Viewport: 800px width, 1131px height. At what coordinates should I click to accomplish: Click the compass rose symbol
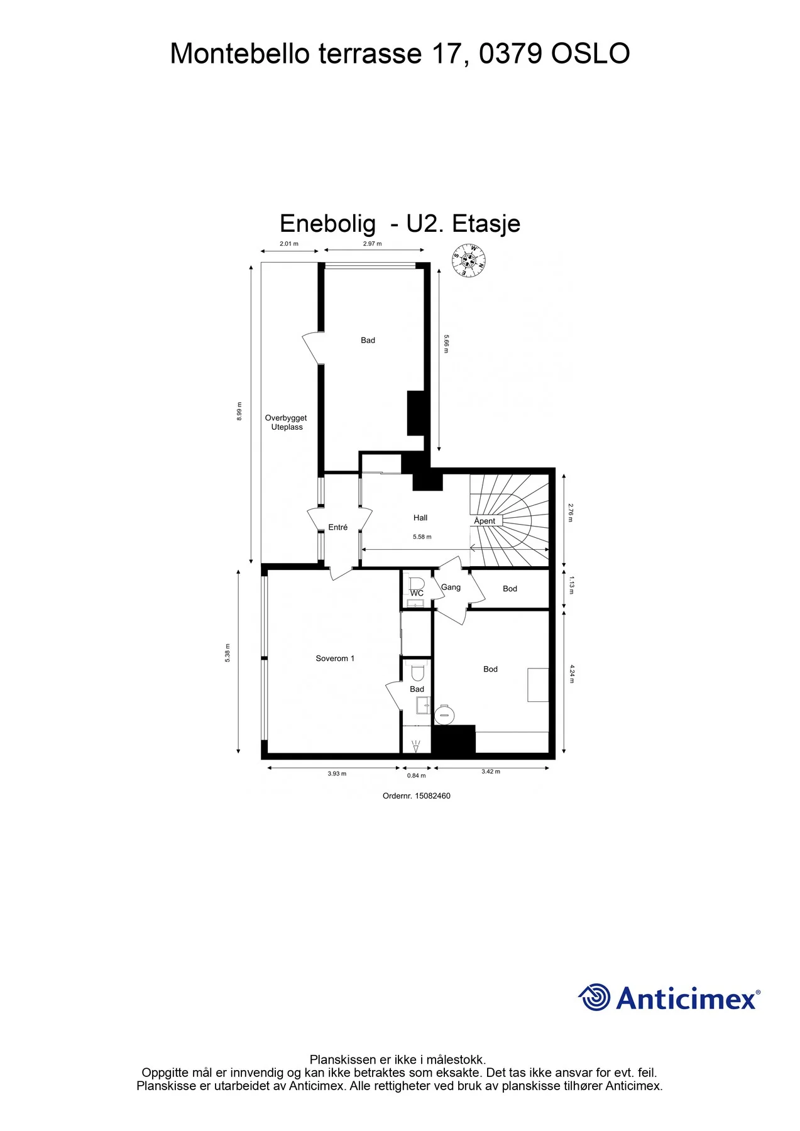(x=469, y=261)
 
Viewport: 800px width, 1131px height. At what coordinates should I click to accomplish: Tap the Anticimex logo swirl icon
(x=594, y=997)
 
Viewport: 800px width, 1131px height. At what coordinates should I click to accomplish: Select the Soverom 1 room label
(x=335, y=658)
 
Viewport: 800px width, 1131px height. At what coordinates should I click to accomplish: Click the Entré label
(x=338, y=527)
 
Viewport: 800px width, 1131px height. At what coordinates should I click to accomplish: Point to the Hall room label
(x=420, y=518)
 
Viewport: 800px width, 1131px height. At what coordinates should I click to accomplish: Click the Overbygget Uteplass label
(x=286, y=422)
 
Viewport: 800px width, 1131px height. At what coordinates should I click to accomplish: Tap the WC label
(x=417, y=593)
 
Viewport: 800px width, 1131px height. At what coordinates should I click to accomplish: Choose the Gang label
(x=451, y=587)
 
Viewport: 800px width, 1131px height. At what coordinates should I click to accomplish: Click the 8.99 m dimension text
(x=239, y=411)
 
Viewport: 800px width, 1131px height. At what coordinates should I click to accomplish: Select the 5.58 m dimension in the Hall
(x=422, y=537)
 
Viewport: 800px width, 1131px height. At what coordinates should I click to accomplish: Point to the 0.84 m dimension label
(x=416, y=776)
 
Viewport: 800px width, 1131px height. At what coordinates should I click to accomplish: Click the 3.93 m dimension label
(x=337, y=773)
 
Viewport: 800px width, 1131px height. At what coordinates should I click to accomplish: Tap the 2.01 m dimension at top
(x=289, y=244)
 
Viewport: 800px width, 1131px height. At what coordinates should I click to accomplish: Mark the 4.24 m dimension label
(x=572, y=674)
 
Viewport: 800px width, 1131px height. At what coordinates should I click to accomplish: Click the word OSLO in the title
(x=591, y=53)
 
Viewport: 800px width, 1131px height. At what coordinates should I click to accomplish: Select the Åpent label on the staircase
(x=485, y=521)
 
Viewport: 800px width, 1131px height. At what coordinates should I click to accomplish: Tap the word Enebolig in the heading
(x=328, y=224)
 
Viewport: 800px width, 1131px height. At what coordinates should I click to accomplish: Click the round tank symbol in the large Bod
(x=445, y=714)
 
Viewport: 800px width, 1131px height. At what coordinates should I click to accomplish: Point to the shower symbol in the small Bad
(x=415, y=746)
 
